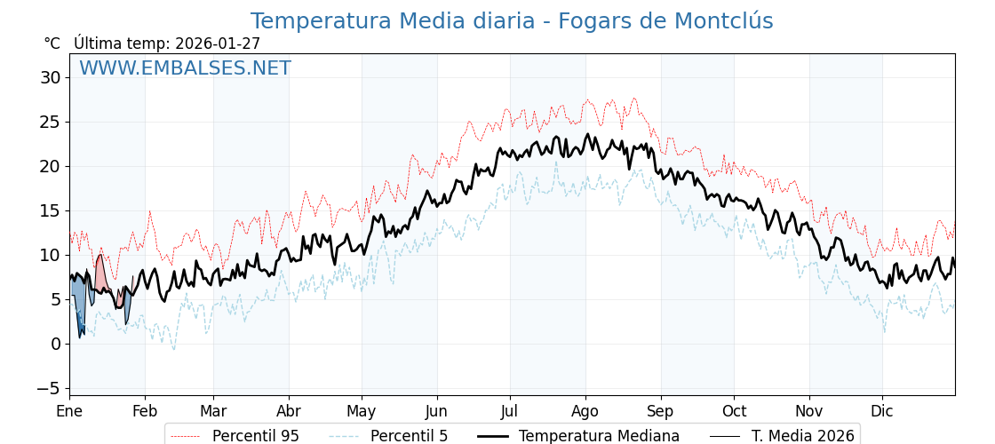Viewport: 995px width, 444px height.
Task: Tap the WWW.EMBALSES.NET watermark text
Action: pos(185,68)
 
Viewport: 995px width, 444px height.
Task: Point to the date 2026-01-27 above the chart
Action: pos(218,44)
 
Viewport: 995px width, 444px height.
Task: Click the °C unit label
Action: pos(52,44)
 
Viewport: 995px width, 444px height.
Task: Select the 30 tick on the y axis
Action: pos(50,77)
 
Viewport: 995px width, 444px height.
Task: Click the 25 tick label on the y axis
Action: pos(50,122)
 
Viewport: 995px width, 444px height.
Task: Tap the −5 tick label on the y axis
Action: pos(48,388)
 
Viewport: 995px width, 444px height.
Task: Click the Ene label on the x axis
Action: pos(69,411)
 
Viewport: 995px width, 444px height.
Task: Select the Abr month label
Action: pos(289,411)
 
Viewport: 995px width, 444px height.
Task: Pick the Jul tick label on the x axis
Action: pos(510,411)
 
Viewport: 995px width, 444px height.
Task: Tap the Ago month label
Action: pos(585,411)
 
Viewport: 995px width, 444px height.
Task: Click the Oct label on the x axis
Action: pos(734,411)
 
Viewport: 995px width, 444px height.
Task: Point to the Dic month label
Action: pos(882,411)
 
